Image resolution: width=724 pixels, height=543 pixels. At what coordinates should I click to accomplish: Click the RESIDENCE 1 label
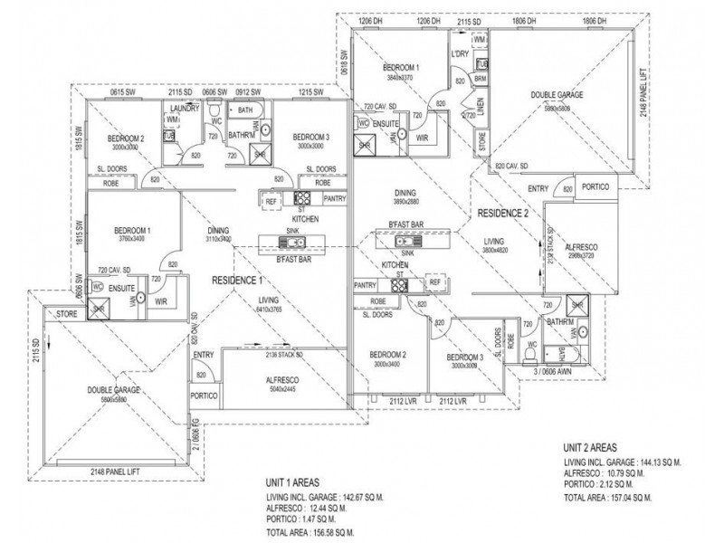pyautogui.click(x=238, y=281)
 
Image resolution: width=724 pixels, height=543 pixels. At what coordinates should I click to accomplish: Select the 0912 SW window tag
pyautogui.click(x=248, y=92)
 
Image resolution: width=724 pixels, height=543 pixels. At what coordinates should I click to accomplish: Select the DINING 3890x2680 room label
pyautogui.click(x=408, y=197)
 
